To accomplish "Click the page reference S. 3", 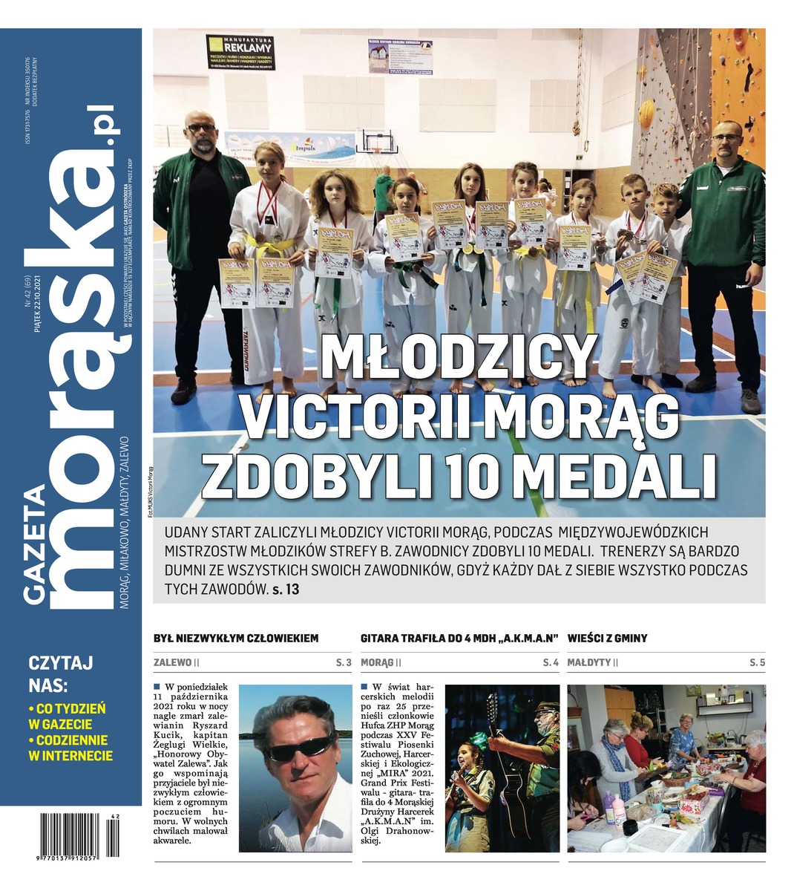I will tap(343, 662).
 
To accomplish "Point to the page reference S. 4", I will tap(550, 662).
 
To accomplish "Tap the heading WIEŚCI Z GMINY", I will tap(607, 638).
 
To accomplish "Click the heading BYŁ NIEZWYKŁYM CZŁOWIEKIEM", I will tap(235, 638).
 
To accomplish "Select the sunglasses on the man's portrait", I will tap(300, 748).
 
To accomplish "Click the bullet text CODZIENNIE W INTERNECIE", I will tap(70, 748).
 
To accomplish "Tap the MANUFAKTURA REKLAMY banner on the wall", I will tap(240, 55).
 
